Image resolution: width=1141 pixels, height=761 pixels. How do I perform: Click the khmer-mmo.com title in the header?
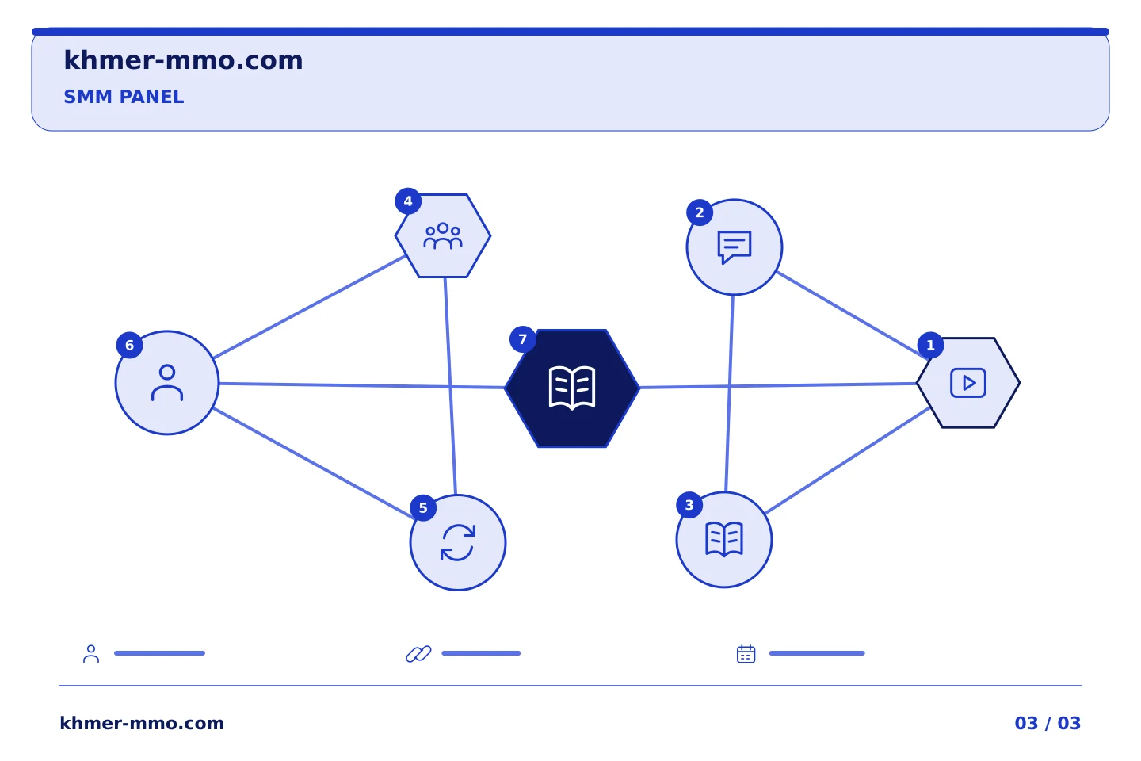click(x=183, y=60)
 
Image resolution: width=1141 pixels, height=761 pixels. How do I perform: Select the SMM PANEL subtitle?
click(x=124, y=97)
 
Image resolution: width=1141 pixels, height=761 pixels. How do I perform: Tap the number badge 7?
click(x=523, y=339)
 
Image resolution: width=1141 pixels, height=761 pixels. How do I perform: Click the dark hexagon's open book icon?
click(x=572, y=388)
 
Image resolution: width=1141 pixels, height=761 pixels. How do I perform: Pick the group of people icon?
click(x=443, y=236)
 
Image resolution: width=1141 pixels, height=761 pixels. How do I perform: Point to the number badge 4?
click(x=408, y=201)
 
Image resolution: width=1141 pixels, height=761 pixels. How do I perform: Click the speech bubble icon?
click(x=735, y=247)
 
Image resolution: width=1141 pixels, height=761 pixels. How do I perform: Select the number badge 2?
click(x=700, y=212)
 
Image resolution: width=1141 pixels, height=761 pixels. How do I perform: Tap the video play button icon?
click(x=968, y=383)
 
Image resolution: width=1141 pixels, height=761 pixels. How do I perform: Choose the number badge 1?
click(x=930, y=345)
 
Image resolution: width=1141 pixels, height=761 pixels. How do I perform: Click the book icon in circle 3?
click(x=724, y=539)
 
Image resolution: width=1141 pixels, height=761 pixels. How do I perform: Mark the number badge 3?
click(x=689, y=505)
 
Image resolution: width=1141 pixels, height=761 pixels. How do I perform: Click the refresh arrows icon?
click(x=458, y=543)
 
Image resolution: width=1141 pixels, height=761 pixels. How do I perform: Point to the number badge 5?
click(x=423, y=508)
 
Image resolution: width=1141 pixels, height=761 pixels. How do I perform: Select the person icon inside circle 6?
click(x=167, y=382)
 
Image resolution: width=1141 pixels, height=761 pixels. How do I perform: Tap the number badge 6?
click(x=129, y=345)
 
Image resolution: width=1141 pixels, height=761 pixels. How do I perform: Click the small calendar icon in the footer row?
click(x=746, y=654)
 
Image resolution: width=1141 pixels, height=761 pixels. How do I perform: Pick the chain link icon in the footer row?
click(x=418, y=654)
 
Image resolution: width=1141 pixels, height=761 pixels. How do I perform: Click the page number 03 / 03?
click(x=1048, y=723)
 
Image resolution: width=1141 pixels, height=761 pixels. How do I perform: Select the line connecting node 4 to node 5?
click(x=450, y=386)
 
